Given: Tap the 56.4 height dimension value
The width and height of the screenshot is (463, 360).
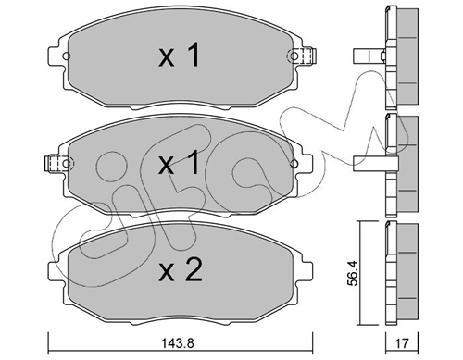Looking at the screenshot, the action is tap(353, 273).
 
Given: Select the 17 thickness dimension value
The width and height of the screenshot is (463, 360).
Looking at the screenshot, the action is tap(402, 342).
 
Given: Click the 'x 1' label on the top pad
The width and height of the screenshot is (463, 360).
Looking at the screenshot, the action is tap(180, 55).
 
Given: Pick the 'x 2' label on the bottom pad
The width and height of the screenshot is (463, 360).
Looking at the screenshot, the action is tap(181, 269).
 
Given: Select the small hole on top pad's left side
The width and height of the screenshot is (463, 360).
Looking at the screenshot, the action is tap(67, 56).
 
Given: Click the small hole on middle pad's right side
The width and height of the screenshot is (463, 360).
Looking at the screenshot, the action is tap(294, 163).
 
